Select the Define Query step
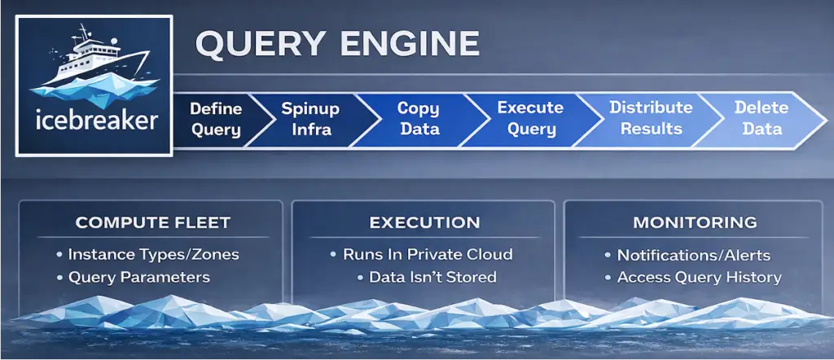coord(215,119)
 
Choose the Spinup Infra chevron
coord(309,119)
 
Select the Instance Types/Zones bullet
coord(153,255)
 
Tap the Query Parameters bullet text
coord(138,278)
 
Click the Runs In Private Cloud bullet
coord(428,255)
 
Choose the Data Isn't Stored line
coord(432,278)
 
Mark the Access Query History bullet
coord(699,278)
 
